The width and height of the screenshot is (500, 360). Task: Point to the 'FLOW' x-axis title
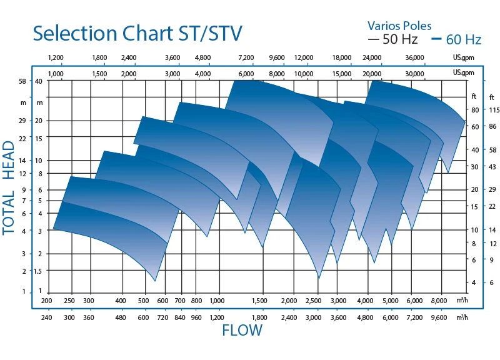(x=242, y=331)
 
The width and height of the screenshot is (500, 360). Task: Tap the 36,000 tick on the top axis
(x=415, y=58)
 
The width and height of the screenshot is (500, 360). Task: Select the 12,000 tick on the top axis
(x=304, y=58)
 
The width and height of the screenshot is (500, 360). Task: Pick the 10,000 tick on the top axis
(x=304, y=73)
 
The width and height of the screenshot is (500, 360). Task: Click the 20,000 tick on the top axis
(x=372, y=73)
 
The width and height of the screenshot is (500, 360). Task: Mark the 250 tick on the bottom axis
(x=69, y=301)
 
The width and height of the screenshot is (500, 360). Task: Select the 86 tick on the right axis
(x=492, y=127)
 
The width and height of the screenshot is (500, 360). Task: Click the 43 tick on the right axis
(x=492, y=166)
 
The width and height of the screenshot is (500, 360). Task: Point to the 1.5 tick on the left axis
(x=39, y=271)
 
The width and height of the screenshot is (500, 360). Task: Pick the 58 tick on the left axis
(x=22, y=82)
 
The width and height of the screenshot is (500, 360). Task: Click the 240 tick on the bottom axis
(x=47, y=317)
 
